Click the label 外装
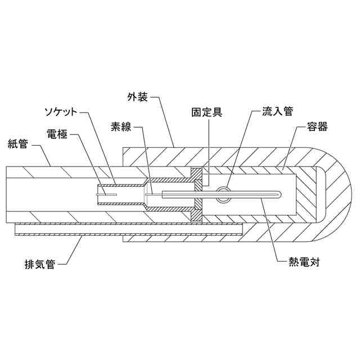[x=138, y=97]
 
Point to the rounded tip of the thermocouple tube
[x=278, y=195]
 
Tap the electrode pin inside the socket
[x=106, y=195]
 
